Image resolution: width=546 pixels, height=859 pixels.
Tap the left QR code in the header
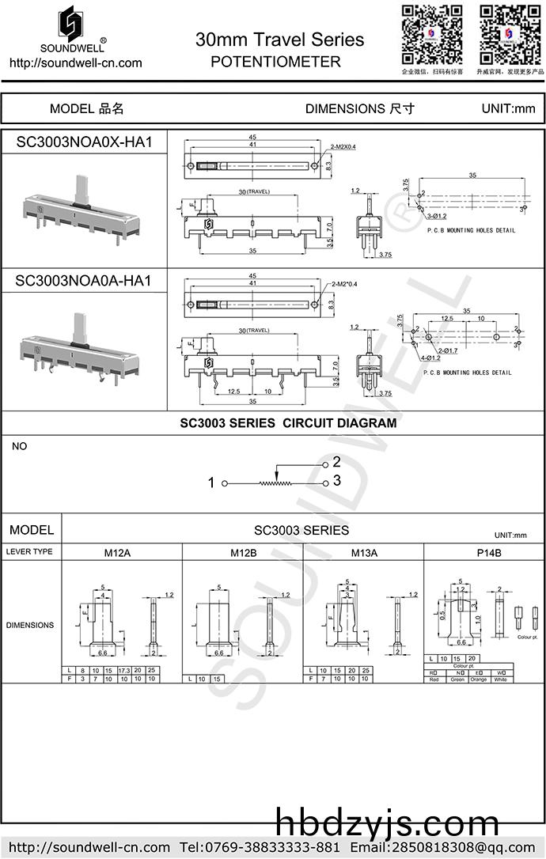431,35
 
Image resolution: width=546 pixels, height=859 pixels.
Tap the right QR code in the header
510,35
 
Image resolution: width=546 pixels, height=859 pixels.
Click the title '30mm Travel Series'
279,40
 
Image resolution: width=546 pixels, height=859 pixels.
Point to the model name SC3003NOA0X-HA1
83,142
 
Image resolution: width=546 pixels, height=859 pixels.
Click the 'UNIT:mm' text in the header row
509,109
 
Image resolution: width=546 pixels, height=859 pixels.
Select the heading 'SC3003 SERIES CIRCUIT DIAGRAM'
288,423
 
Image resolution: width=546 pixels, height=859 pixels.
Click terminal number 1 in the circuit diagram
211,482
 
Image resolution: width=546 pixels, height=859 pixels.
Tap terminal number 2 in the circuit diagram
336,461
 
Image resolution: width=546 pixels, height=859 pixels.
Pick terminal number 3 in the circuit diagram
336,480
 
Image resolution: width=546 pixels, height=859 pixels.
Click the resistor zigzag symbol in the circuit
275,482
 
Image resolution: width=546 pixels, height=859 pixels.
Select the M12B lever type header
243,552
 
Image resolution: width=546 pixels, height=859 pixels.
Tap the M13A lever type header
364,552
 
